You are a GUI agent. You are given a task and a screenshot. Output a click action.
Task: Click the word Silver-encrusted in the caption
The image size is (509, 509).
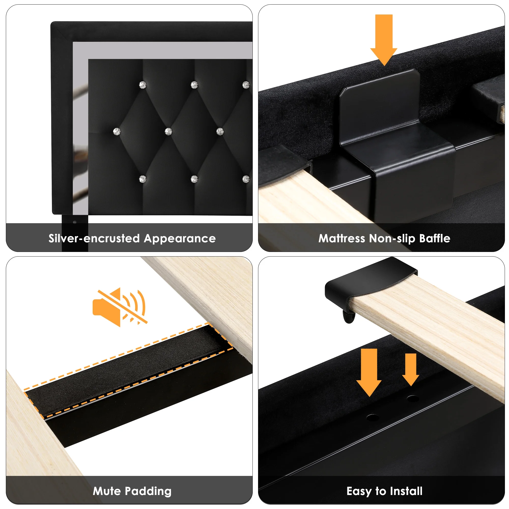[94, 238]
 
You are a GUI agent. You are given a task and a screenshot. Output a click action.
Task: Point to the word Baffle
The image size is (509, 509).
[435, 238]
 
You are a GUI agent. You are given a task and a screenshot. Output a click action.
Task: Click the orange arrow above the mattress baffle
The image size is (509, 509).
[384, 39]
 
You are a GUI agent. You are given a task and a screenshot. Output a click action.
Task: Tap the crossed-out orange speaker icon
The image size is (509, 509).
[120, 307]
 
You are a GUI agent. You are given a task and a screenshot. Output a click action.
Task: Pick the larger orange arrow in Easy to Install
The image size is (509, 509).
[369, 372]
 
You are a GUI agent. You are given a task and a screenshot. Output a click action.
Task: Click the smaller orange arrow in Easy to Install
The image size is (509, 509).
[411, 369]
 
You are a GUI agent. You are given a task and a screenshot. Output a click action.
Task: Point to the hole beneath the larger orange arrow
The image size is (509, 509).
[372, 417]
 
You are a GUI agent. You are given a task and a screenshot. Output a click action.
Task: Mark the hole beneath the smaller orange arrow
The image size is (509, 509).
[413, 398]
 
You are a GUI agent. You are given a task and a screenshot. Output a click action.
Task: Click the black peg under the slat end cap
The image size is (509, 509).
[349, 316]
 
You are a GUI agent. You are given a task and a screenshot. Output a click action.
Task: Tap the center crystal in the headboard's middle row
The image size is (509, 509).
[168, 131]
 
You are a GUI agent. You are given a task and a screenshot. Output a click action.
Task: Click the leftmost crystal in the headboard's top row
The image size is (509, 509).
[143, 85]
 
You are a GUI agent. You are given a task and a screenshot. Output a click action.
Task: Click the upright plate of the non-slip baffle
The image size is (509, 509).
[379, 105]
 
